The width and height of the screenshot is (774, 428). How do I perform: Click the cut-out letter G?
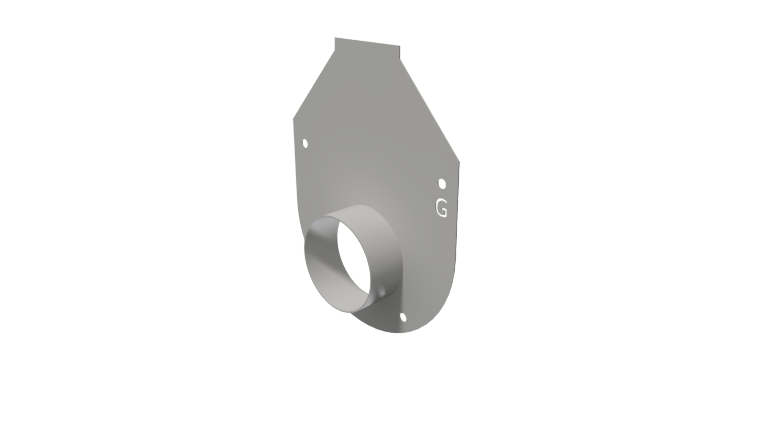441,208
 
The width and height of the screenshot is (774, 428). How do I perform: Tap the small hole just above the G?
442,183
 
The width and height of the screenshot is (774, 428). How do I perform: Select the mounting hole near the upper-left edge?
305,144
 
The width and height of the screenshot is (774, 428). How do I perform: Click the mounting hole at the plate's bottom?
403,317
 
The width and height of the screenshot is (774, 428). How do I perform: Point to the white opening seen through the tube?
354,257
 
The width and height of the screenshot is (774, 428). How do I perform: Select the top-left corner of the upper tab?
335,38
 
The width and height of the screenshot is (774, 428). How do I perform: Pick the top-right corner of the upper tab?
400,46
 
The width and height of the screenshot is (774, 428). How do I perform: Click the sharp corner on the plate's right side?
459,162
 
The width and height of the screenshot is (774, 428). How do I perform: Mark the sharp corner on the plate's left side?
294,119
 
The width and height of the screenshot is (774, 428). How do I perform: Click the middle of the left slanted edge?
314,85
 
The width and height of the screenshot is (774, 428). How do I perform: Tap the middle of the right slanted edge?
430,111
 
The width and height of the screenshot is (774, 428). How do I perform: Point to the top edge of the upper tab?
367,41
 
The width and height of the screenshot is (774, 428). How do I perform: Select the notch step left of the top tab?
335,50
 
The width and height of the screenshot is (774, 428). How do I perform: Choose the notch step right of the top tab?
400,59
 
